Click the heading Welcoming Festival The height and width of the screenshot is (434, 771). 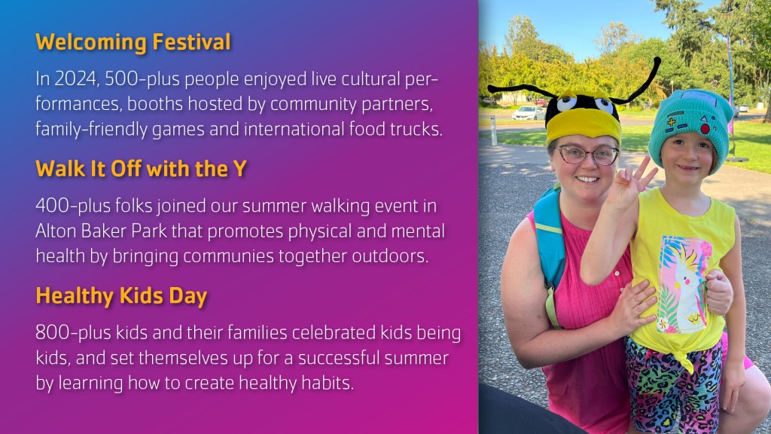133,42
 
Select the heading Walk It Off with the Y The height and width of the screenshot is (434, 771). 141,169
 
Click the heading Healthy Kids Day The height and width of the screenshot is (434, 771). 121,296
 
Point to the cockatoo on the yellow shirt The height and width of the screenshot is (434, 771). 688,290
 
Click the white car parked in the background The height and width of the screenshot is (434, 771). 528,113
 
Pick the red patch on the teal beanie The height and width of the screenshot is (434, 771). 705,129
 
